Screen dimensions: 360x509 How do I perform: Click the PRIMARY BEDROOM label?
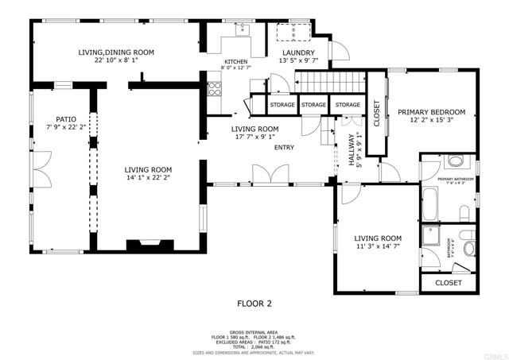(x=431, y=112)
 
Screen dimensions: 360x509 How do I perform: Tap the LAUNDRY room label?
(x=297, y=52)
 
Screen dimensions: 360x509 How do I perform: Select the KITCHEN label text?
(x=235, y=62)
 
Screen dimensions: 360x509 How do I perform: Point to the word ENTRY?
(x=284, y=147)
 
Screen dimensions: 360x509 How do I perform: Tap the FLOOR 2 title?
(x=254, y=303)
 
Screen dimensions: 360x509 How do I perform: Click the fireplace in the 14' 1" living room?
(x=149, y=246)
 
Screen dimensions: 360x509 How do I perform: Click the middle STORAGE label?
(x=313, y=105)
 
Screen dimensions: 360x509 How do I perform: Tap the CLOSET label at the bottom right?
(x=448, y=282)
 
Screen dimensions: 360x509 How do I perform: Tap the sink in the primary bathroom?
(x=455, y=162)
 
